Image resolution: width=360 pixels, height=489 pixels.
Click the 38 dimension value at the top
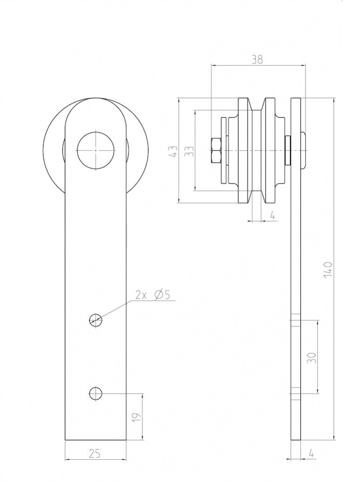[x=257, y=59]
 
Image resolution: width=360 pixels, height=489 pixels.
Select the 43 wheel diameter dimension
[x=173, y=151]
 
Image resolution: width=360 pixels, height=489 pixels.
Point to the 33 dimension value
[x=189, y=151]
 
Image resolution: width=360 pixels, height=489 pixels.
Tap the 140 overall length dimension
[x=329, y=270]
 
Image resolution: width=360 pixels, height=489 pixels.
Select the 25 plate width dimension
[x=94, y=454]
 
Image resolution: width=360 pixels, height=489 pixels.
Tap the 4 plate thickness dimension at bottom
[x=311, y=454]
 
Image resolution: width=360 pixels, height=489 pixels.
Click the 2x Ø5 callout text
[x=153, y=295]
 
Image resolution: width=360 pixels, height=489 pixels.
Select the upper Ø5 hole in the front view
[x=96, y=320]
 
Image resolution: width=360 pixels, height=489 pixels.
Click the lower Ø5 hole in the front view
[x=96, y=393]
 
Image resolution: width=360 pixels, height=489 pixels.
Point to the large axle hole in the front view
[x=96, y=150]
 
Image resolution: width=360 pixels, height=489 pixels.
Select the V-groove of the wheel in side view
[x=258, y=151]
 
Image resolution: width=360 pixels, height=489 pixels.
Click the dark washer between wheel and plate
[x=287, y=151]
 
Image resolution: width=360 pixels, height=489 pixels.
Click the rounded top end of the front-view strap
[x=96, y=106]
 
